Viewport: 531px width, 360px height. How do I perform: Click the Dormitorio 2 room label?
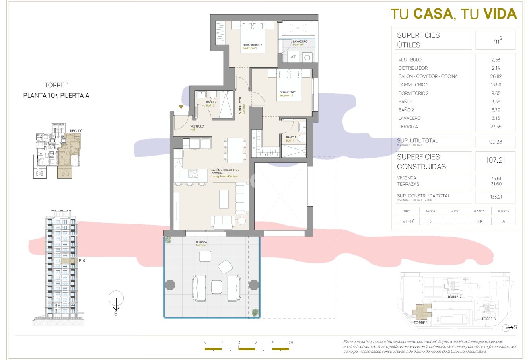252,45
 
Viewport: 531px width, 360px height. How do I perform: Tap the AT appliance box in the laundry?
293,57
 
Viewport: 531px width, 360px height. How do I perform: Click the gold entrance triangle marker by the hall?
181,107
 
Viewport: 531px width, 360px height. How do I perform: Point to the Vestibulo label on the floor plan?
197,126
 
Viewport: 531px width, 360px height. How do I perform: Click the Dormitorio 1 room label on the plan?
289,93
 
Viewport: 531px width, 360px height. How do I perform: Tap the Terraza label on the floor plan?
201,242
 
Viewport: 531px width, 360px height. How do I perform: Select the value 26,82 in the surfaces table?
495,76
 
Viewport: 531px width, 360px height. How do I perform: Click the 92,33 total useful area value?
495,142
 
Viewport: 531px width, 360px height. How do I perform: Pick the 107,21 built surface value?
495,160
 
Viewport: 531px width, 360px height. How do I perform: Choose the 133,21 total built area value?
495,197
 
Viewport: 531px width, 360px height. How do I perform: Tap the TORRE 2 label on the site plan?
455,297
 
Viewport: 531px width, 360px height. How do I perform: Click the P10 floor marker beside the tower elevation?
82,261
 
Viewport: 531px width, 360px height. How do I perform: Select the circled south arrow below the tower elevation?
116,298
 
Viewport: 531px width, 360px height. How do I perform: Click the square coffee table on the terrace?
216,286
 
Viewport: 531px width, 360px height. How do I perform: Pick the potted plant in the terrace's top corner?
168,240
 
